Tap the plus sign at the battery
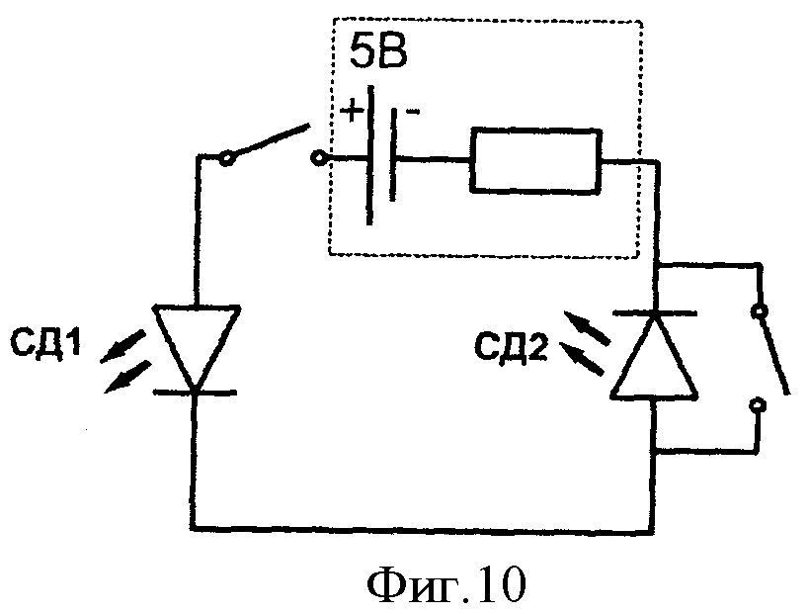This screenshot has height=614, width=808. pyautogui.click(x=351, y=110)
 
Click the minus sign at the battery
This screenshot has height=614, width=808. pyautogui.click(x=411, y=106)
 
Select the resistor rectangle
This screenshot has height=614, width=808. pyautogui.click(x=534, y=159)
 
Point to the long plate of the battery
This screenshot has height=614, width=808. pyautogui.click(x=370, y=158)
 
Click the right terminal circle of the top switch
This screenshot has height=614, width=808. pyautogui.click(x=318, y=157)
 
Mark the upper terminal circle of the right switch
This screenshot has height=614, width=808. pyautogui.click(x=760, y=312)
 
